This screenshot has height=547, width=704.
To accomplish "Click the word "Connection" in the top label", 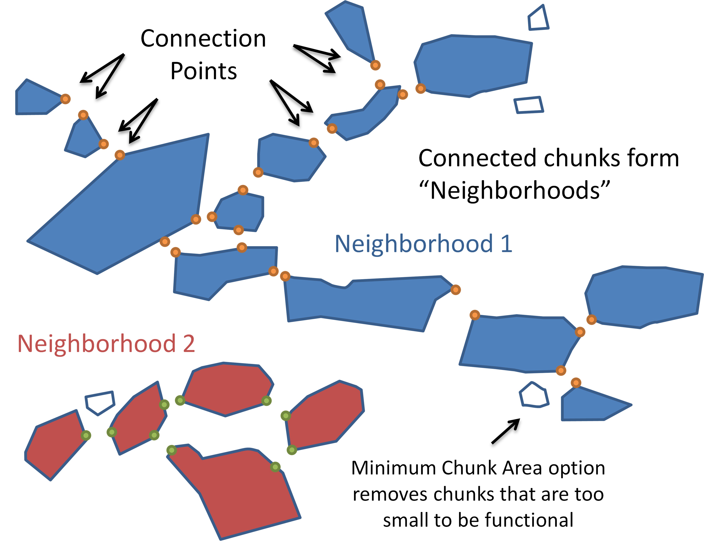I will (203, 39).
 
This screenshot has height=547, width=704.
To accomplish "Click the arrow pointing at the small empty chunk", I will (505, 431).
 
